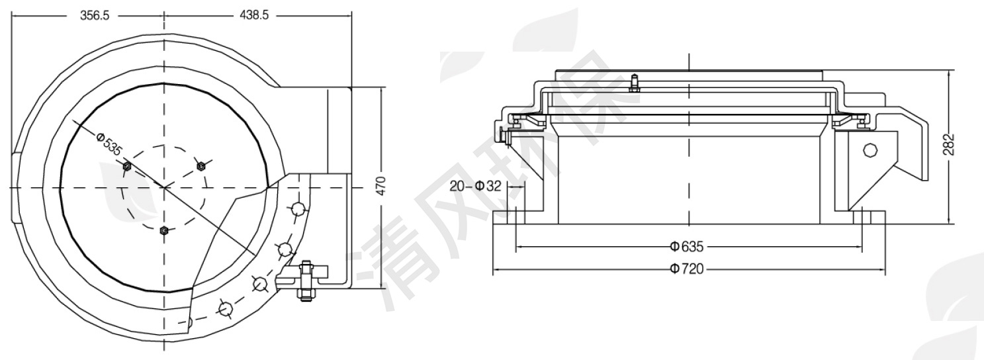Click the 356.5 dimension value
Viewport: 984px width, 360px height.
coord(95,15)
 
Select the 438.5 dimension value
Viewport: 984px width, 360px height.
coord(254,15)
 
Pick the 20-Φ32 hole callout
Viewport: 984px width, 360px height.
coord(476,186)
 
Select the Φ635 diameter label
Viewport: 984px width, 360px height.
coord(686,247)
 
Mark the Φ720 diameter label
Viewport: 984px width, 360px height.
coord(686,269)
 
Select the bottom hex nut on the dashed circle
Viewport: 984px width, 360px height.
coord(164,231)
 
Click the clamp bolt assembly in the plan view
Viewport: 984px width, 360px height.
coord(306,280)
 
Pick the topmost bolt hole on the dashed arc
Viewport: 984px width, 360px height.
coord(298,209)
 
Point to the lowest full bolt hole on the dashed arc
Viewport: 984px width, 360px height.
coord(226,308)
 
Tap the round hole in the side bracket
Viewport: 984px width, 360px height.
coord(870,150)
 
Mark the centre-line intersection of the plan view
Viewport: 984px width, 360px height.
coord(164,188)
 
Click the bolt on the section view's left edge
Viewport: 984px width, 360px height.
coord(504,136)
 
